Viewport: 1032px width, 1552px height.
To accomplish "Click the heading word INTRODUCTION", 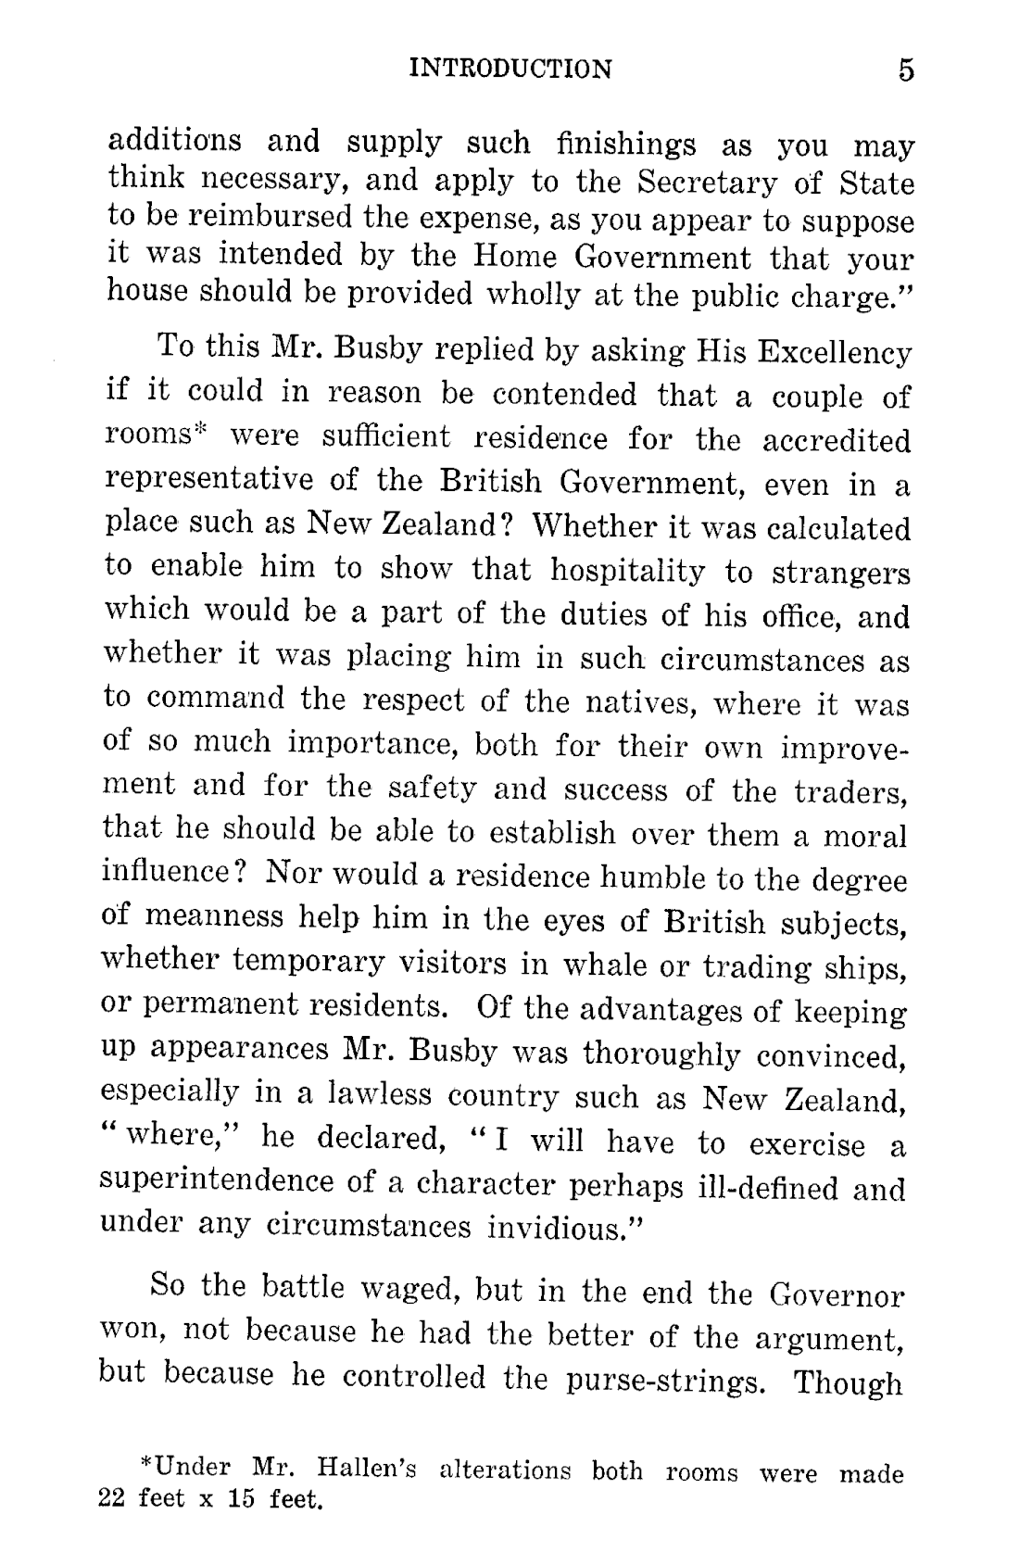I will coord(510,69).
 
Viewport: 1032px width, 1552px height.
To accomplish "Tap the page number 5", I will coord(905,71).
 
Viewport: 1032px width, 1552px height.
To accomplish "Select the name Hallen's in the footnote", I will coord(366,1470).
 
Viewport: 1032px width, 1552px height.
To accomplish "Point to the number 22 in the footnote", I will coord(111,1498).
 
